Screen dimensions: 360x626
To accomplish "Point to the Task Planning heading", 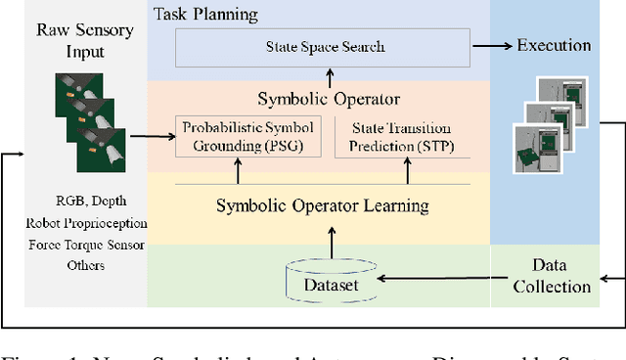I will tap(206, 15).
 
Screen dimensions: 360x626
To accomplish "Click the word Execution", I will tap(555, 45).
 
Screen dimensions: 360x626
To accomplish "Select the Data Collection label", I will tap(555, 276).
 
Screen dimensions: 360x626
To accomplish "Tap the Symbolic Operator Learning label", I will tap(322, 205).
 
